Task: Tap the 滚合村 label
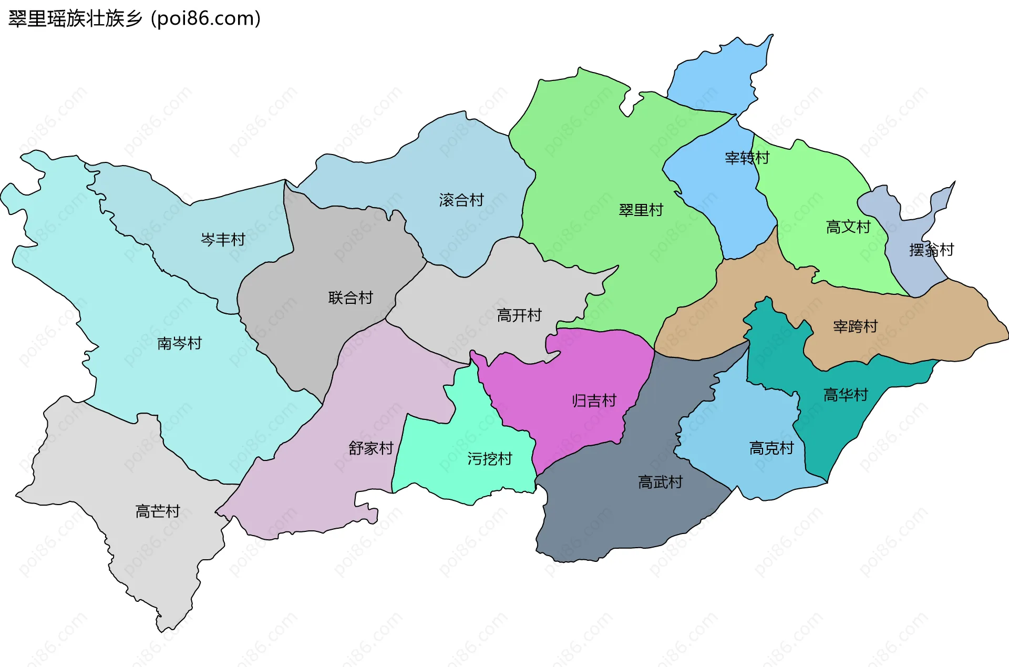[x=461, y=200]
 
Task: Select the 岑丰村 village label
[x=223, y=240]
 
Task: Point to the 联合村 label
[x=351, y=298]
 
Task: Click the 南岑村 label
[x=180, y=343]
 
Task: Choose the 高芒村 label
[x=158, y=511]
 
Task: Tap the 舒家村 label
[x=371, y=448]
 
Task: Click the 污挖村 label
[x=490, y=459]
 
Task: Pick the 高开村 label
[x=519, y=315]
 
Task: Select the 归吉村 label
[x=594, y=401]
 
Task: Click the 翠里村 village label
[x=641, y=210]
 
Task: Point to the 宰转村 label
[x=747, y=158]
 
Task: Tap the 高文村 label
[x=848, y=227]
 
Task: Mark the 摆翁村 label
[x=931, y=250]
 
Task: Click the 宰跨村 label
[x=856, y=326]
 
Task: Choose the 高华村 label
[x=846, y=395]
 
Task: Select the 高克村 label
[x=771, y=448]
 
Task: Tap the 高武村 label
[x=660, y=482]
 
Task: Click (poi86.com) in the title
[x=206, y=19]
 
